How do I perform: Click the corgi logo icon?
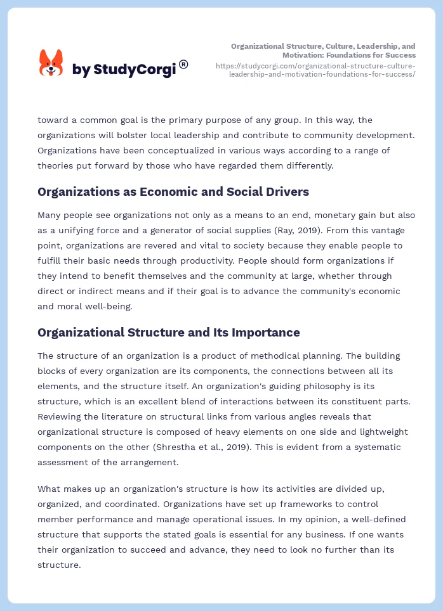click(x=51, y=63)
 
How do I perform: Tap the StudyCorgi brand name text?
click(x=124, y=70)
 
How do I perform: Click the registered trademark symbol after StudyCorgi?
click(x=183, y=64)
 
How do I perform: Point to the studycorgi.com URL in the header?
click(x=315, y=70)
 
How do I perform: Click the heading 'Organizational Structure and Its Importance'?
click(x=168, y=333)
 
